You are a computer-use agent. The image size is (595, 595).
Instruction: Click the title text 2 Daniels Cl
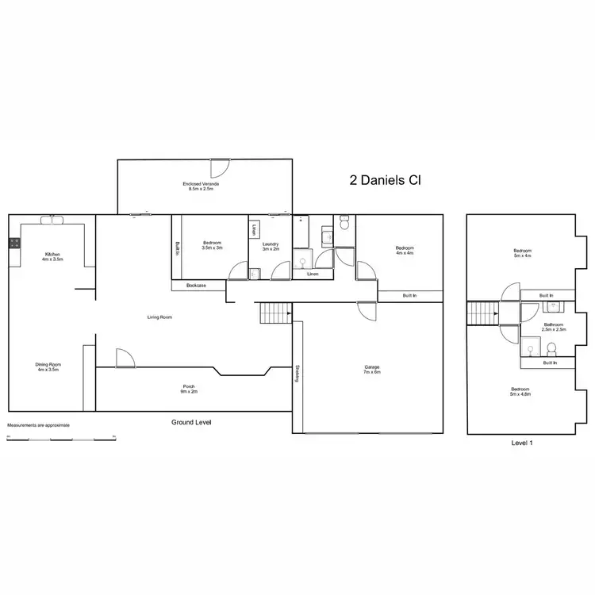(385, 180)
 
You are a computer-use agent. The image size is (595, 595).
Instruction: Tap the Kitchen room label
(52, 256)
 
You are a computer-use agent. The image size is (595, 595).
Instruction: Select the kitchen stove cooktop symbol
(13, 244)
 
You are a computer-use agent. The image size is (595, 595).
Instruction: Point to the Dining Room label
(48, 367)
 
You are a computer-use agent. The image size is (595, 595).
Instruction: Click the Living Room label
(159, 317)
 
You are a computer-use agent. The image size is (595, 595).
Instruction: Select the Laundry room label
(271, 246)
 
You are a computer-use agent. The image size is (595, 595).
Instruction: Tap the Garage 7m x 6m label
(371, 369)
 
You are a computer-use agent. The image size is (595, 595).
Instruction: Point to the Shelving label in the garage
(297, 373)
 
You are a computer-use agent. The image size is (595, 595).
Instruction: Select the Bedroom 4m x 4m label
(405, 251)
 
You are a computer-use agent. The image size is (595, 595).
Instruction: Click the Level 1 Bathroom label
(554, 326)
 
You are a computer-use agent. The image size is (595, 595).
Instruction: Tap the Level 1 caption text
(521, 443)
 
